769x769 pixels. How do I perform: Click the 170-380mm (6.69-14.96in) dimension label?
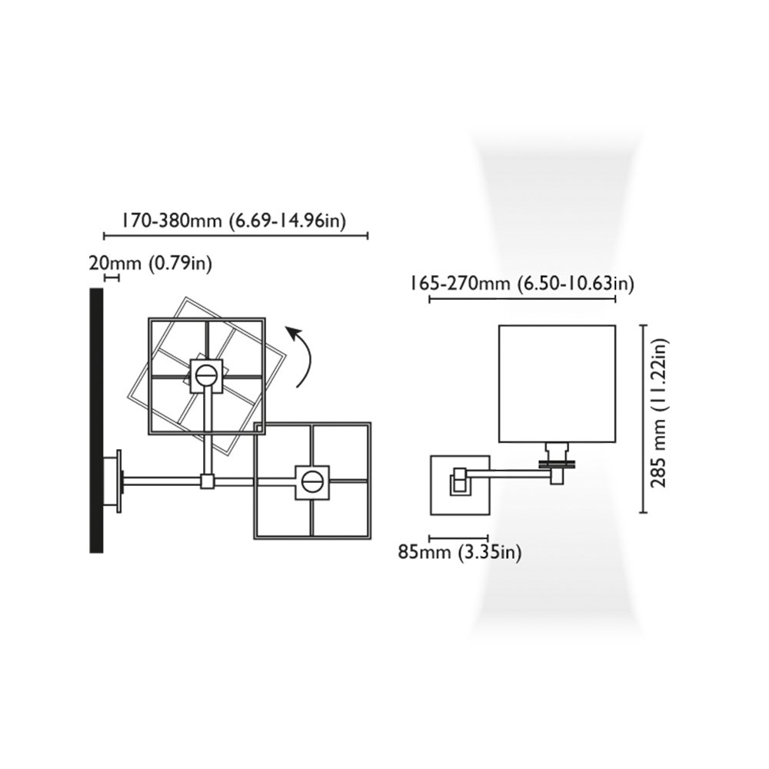234,221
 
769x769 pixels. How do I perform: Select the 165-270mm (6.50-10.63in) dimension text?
522,283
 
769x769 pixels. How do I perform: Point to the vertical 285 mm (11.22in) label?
659,412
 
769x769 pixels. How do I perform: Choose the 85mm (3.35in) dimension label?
460,552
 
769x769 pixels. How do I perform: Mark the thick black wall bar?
96,421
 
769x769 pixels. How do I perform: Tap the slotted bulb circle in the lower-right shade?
312,482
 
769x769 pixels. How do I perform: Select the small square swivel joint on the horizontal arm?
208,481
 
